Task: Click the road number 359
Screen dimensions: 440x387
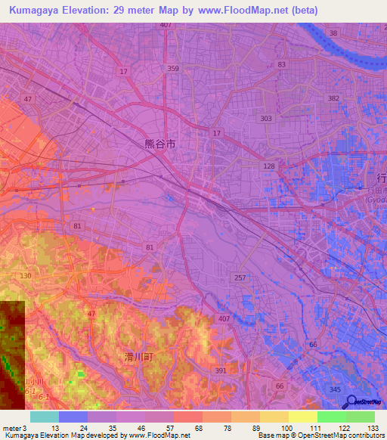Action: pos(174,69)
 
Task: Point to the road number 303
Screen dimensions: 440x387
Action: pos(265,119)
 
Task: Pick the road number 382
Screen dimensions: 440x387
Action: pos(333,99)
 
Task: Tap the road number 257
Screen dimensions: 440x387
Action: pos(240,278)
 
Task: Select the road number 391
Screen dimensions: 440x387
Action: pos(221,370)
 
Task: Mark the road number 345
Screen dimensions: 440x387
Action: pos(334,389)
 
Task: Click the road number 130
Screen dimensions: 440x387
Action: pos(26,277)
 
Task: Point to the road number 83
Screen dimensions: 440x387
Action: pos(282,65)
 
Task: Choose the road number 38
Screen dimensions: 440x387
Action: pos(333,33)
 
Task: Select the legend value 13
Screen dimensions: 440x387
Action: pos(54,428)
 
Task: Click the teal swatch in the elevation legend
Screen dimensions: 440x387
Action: pos(45,417)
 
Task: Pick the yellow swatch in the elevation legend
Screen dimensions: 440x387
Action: pos(302,417)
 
